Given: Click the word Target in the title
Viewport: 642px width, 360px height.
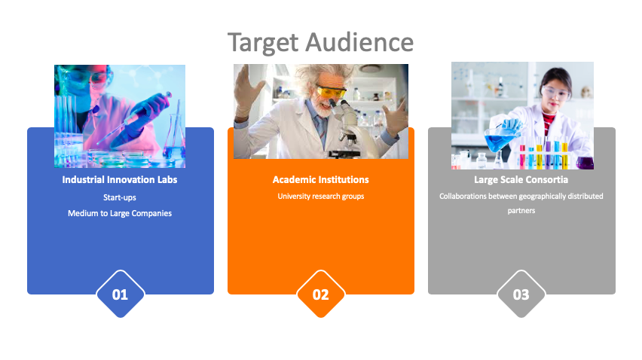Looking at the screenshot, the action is point(263,42).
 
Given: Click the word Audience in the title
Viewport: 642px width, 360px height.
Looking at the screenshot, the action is point(360,42).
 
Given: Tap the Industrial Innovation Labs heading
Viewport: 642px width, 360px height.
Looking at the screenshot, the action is point(120,179).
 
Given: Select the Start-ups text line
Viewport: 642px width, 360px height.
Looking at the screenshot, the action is point(120,197).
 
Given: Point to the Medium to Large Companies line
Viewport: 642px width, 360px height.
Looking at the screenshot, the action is point(120,213).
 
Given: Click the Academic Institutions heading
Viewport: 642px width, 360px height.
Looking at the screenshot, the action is point(320,179).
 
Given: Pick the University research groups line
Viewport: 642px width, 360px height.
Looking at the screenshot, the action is point(320,197).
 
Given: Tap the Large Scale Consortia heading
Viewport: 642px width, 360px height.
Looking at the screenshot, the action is point(521,179).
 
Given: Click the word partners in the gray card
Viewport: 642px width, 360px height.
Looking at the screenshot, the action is point(521,211).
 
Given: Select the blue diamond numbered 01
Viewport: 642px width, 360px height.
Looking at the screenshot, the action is point(120,294).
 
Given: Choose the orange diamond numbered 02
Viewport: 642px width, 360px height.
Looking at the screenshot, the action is point(320,294).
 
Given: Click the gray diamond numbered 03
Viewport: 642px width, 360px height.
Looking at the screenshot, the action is point(521,294).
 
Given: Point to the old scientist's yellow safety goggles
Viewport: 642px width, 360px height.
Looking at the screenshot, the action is point(331,91).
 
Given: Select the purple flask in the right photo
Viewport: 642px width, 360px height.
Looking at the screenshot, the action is point(585,162).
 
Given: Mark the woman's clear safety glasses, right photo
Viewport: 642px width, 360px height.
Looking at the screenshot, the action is point(555,93).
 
